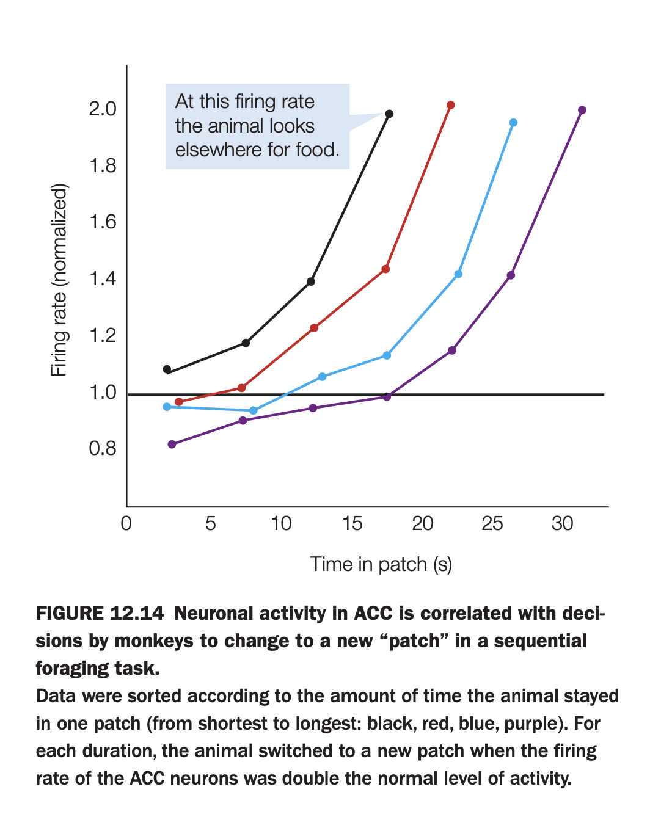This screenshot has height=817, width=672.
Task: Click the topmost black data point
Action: point(389,114)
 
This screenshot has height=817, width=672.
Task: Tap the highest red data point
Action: point(450,105)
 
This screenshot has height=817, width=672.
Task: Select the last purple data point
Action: point(582,110)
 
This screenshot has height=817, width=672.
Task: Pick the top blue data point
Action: point(513,123)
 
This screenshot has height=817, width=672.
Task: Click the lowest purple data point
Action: point(172,444)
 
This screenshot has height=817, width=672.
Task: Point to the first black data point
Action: point(167,369)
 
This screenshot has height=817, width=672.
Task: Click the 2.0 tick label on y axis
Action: point(102,109)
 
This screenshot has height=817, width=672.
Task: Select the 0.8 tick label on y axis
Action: point(102,449)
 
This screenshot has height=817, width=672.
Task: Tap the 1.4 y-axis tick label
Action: point(102,279)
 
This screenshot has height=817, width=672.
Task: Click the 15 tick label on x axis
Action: point(352,524)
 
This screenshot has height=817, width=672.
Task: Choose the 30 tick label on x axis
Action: point(562,524)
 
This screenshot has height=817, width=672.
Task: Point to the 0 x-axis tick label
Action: point(126,524)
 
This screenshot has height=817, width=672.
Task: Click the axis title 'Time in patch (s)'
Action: point(381,564)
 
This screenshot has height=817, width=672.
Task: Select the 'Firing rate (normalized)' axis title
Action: point(59,280)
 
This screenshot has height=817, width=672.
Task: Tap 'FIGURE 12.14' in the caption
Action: point(100,613)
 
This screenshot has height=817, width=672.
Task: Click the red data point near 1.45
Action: point(385,269)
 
